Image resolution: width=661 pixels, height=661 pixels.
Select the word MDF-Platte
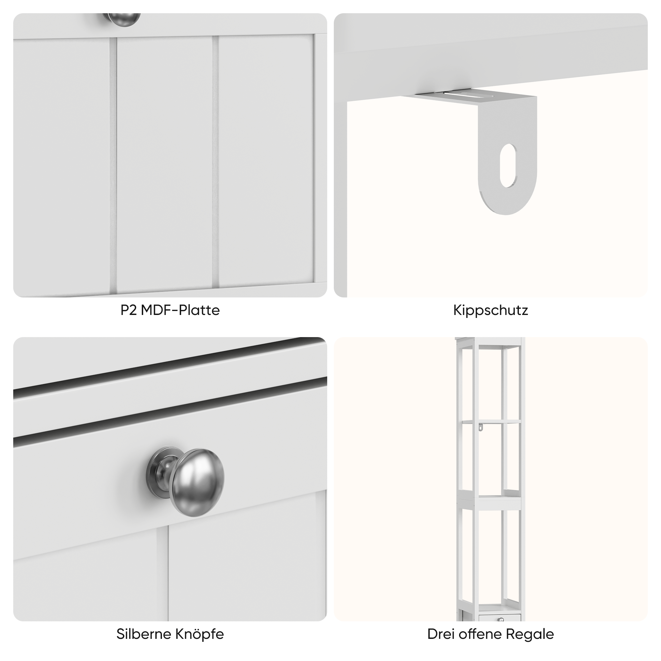tap(180, 310)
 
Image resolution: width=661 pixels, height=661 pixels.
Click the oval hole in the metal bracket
tap(508, 166)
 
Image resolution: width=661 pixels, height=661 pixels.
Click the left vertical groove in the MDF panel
tap(113, 164)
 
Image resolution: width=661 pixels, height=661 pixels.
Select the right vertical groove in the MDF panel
tap(215, 161)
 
